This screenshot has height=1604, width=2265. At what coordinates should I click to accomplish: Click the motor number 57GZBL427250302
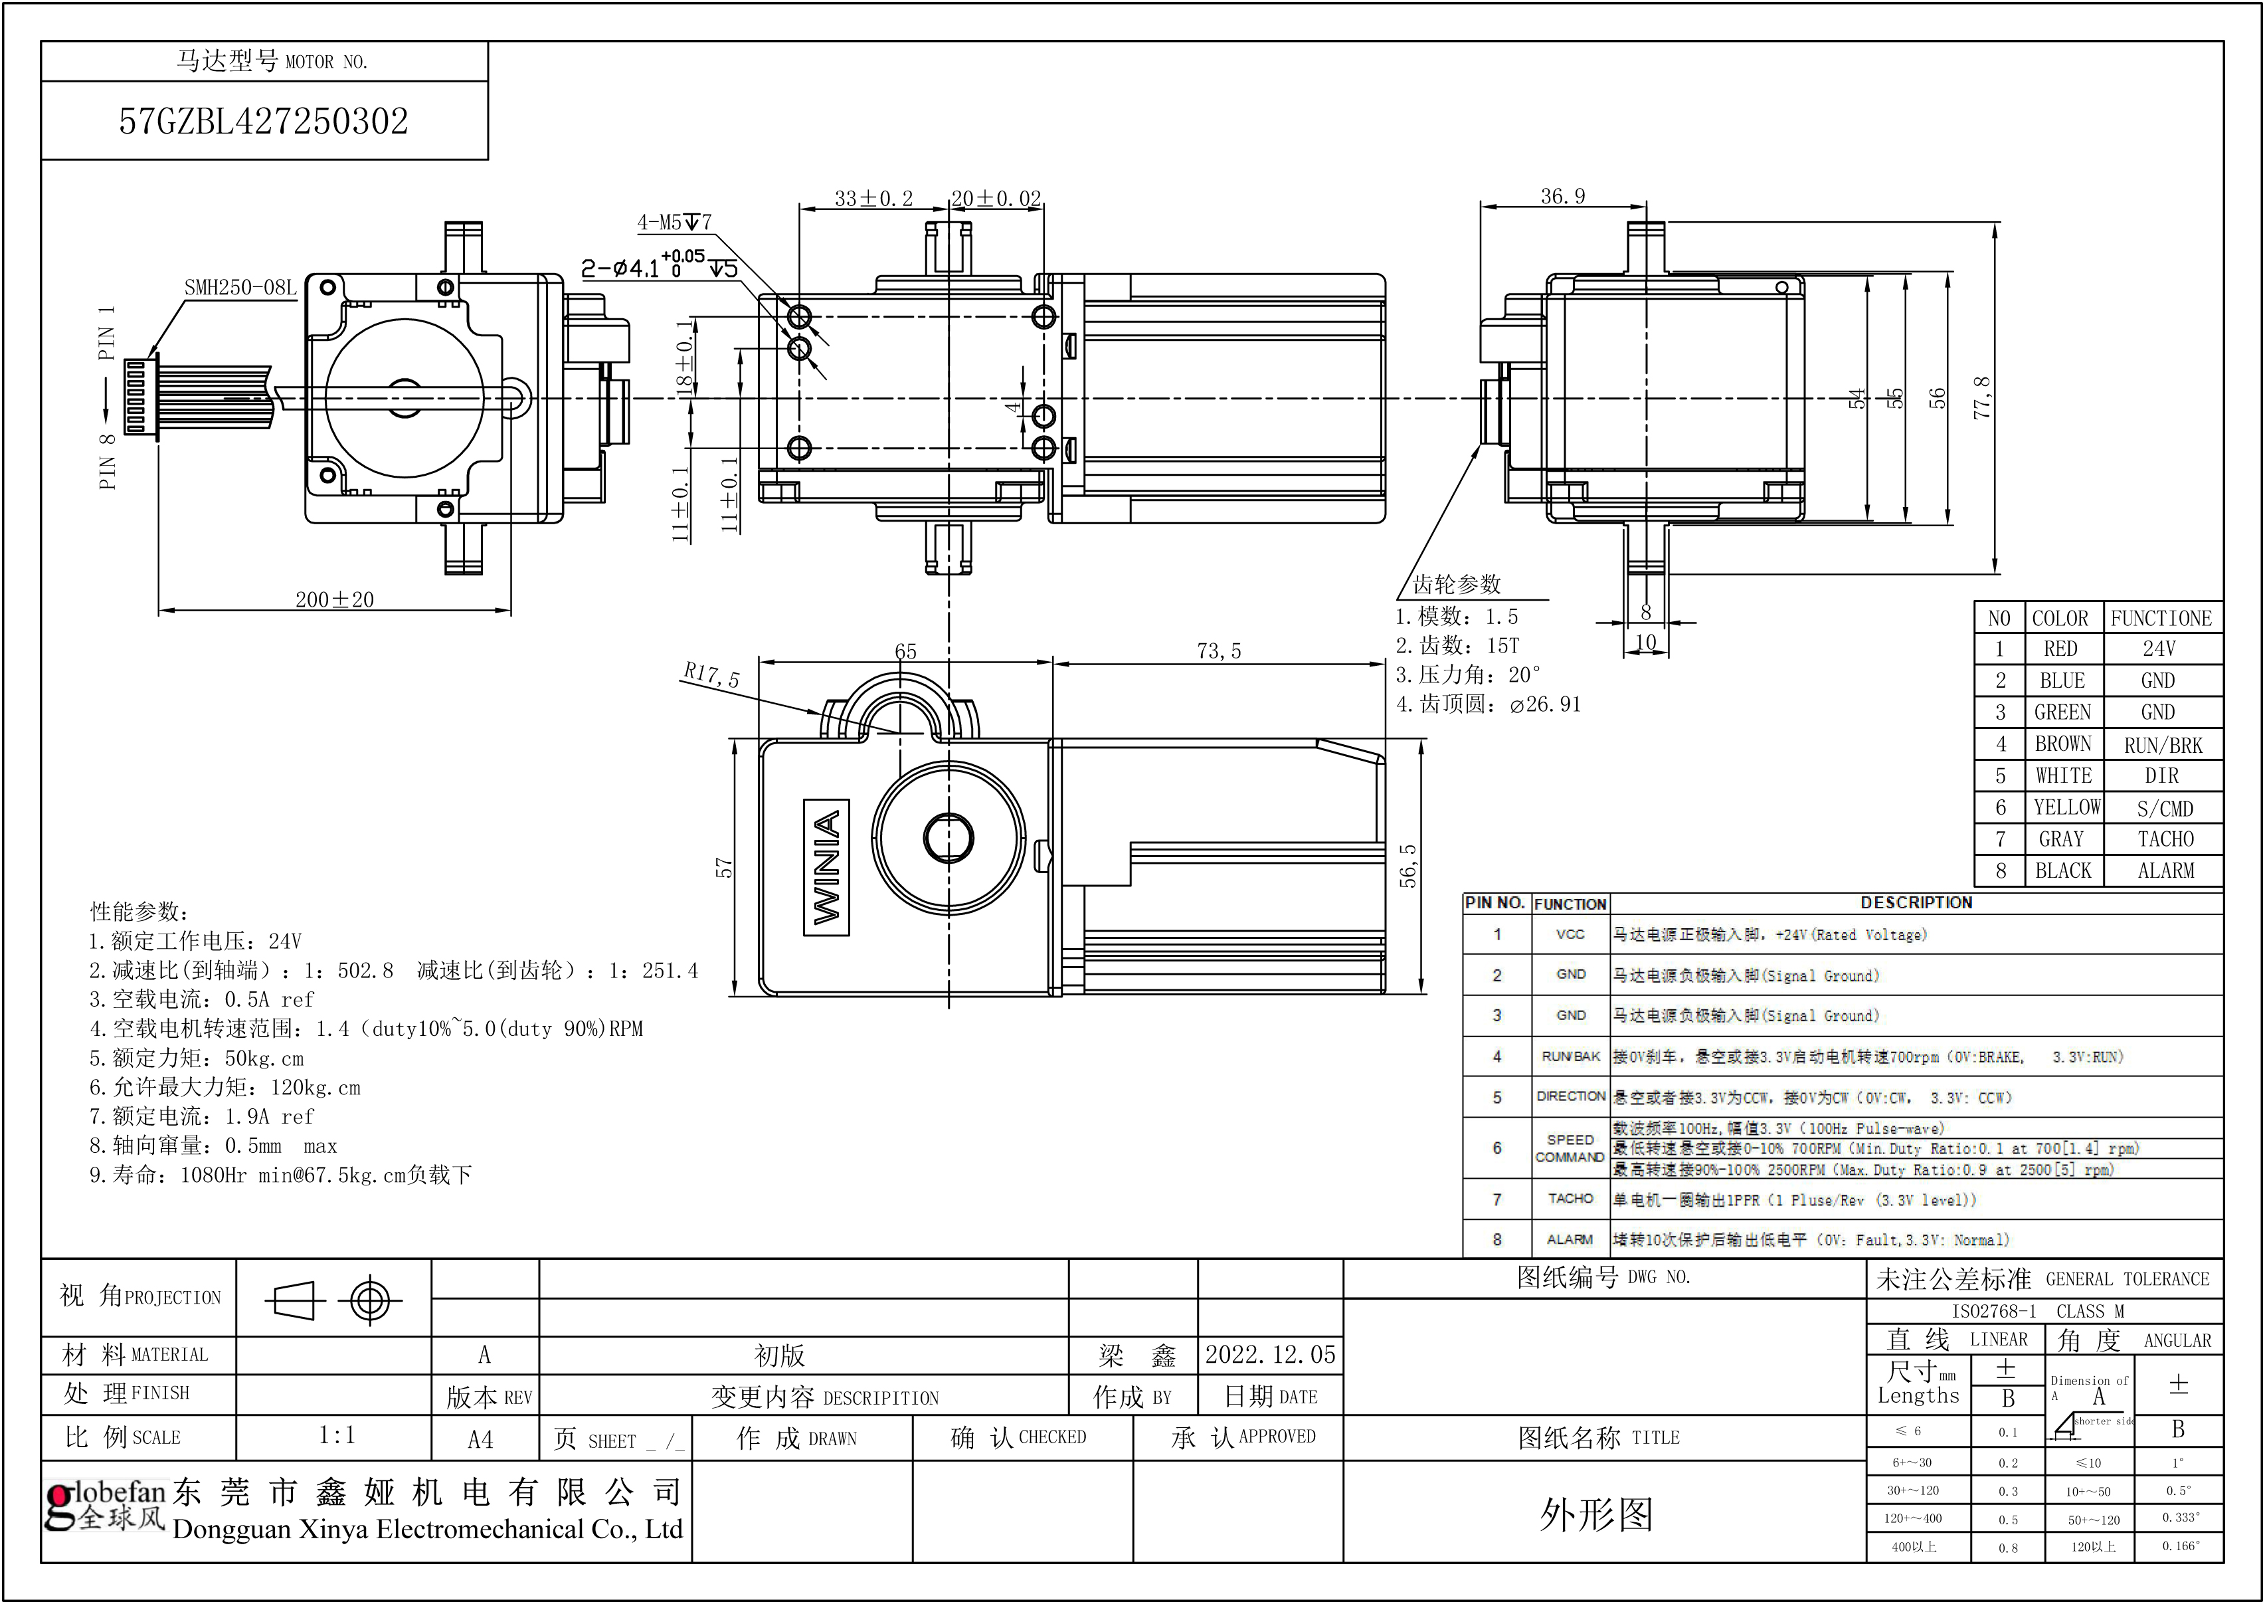pos(264,122)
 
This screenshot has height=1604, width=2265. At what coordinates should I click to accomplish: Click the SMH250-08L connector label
pos(240,288)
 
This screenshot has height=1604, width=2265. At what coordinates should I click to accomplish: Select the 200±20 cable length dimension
pos(335,599)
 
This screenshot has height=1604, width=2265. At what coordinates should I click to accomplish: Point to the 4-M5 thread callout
pos(674,222)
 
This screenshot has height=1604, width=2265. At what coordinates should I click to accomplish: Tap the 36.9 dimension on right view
pos(1562,197)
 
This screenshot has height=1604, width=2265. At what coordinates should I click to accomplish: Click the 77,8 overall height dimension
pos(1981,397)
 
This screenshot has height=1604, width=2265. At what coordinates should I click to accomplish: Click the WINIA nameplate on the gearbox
pos(826,867)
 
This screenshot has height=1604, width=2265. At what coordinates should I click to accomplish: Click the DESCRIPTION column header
pos(1916,903)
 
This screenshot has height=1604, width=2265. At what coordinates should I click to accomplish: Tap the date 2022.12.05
pos(1270,1354)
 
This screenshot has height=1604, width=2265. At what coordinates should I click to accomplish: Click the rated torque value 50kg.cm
pos(264,1058)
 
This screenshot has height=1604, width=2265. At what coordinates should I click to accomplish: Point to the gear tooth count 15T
pos(1502,645)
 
